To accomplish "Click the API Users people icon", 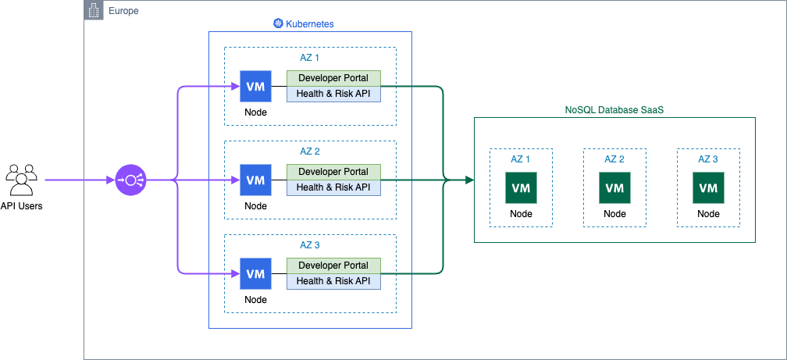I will [x=22, y=180].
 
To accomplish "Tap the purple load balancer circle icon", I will [x=130, y=180].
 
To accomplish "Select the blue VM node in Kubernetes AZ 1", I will [x=255, y=86].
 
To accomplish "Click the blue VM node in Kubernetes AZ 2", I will [x=255, y=180].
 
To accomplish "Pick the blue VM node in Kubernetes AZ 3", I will [x=255, y=273].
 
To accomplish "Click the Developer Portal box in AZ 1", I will [x=333, y=78].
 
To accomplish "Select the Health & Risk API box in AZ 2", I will [x=333, y=187].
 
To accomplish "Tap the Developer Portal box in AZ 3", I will [x=333, y=266].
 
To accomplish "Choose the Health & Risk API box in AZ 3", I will [x=333, y=281].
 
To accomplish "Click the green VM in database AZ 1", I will [x=521, y=187].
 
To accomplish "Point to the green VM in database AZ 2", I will [x=614, y=187].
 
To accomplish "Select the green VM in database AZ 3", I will [x=708, y=187].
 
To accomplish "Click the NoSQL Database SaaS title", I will [x=614, y=111].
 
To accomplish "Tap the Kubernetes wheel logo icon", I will [x=277, y=24].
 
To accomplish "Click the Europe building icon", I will [x=93, y=11].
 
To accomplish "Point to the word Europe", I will [x=123, y=11].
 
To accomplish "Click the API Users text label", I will [x=22, y=206].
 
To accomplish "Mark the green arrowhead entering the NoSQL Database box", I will [x=469, y=180].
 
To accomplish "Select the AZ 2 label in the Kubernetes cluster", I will [x=310, y=151].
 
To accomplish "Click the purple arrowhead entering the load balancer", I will [x=110, y=180].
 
